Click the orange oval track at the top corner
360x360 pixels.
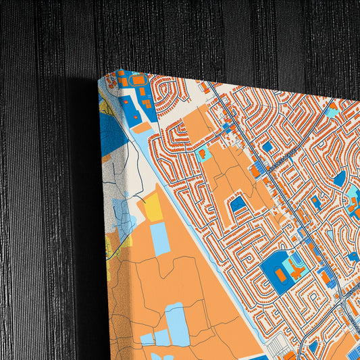[x=138, y=80]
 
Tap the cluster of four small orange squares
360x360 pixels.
[x=146, y=103]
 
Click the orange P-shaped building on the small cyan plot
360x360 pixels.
[x=203, y=154]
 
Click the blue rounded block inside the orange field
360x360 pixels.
[x=238, y=203]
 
